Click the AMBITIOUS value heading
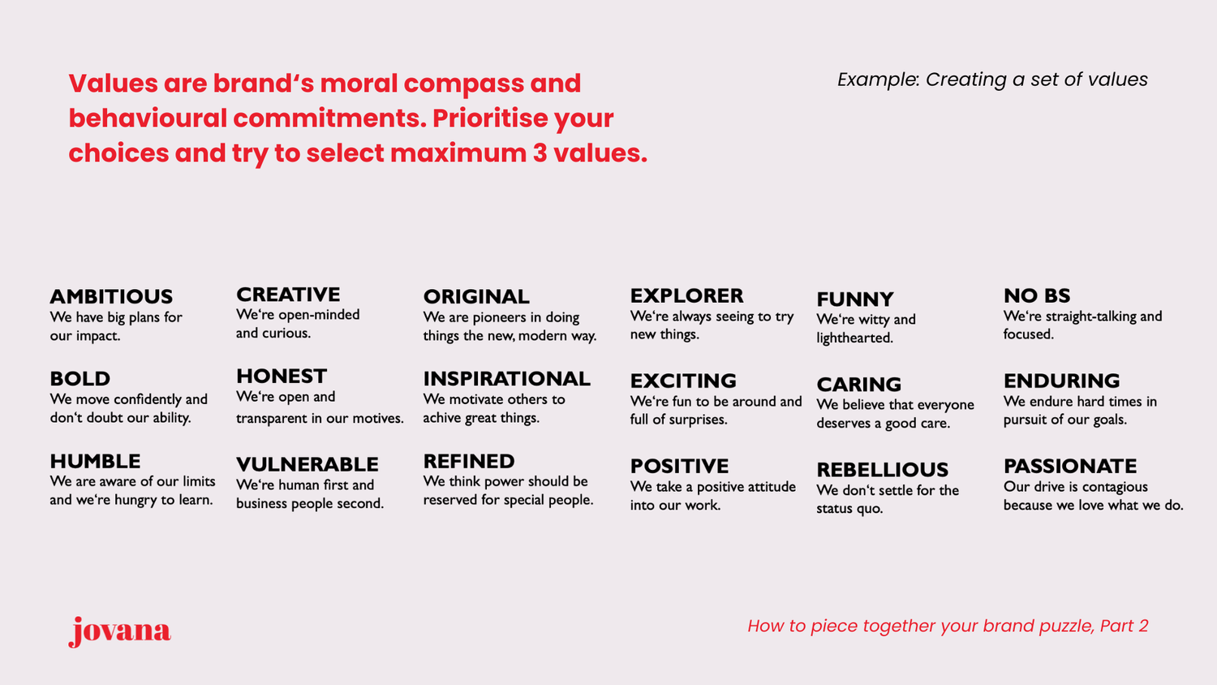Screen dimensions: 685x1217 pos(111,297)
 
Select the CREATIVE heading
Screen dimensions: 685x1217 pos(288,295)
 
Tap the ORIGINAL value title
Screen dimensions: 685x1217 pos(476,297)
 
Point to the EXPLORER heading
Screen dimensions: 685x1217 pos(686,296)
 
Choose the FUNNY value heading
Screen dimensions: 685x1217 pos(855,299)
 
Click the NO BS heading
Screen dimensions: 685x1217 pos(1037,296)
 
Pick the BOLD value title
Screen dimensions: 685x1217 pos(80,379)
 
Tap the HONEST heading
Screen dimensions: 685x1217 pos(282,377)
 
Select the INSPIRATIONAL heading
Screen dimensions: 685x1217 pos(506,379)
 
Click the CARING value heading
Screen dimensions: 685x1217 pos(858,385)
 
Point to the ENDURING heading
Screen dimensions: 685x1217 pos(1061,381)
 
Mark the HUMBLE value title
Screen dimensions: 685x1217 pos(95,462)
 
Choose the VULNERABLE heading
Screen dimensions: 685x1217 pos(307,465)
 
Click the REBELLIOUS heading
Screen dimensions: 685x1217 pos(882,470)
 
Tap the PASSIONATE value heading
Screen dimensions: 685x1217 pos(1070,467)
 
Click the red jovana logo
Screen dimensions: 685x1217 pos(120,631)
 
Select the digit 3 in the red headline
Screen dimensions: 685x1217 pos(540,153)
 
